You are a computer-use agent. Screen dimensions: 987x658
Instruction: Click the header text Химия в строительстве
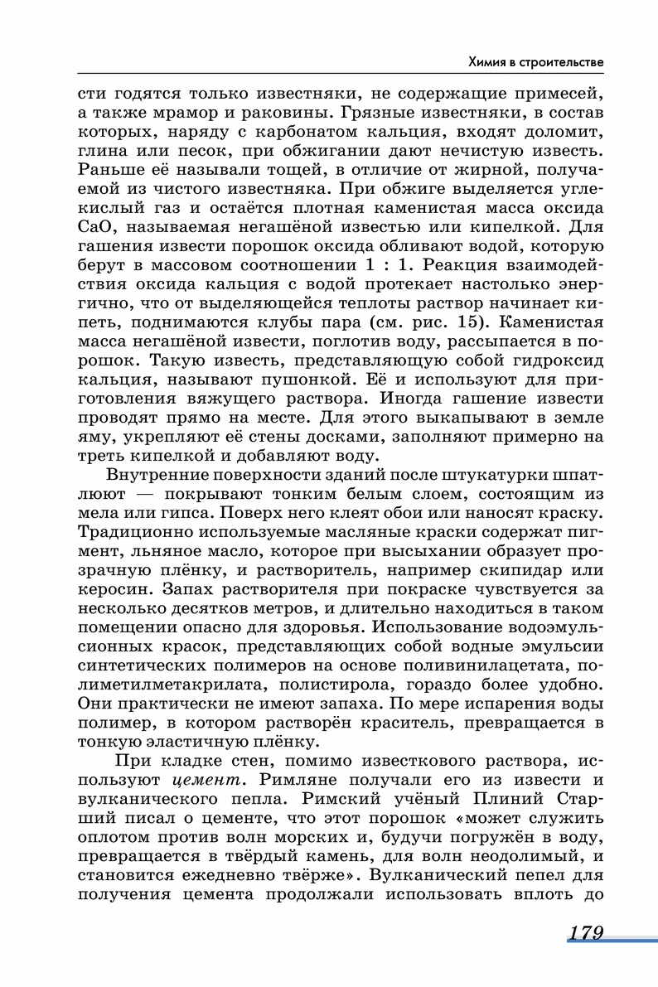pos(535,61)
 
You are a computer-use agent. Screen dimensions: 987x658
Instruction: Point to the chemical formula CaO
pos(93,225)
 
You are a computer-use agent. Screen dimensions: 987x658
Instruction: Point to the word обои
pos(400,512)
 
